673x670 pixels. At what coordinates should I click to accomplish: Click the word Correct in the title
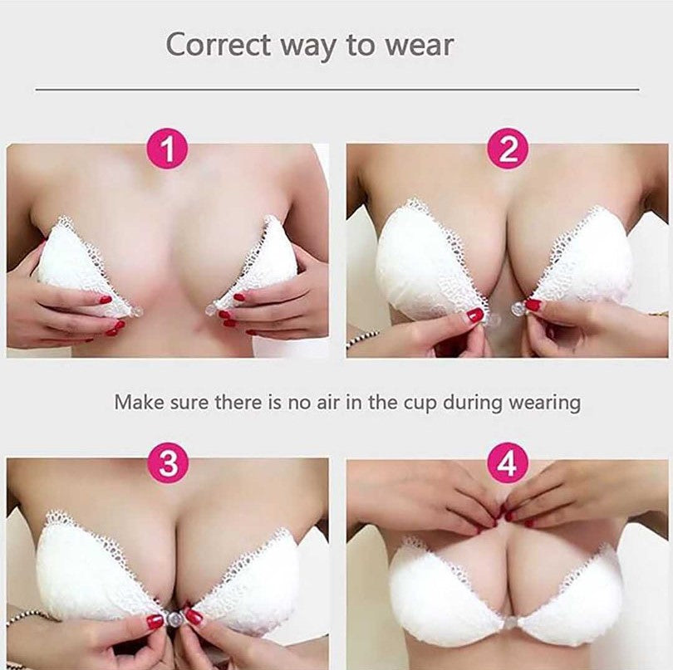(218, 44)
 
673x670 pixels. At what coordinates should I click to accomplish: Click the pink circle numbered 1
(167, 149)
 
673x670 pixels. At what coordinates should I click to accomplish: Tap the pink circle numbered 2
(508, 149)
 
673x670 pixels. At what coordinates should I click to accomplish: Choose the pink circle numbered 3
(168, 462)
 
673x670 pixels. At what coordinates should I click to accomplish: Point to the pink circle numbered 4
(508, 462)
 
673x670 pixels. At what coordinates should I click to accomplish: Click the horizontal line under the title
(337, 90)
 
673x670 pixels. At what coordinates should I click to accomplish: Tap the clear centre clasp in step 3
(174, 618)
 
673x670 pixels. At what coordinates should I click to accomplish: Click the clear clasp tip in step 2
(518, 307)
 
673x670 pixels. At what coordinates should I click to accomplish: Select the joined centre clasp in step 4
(509, 623)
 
